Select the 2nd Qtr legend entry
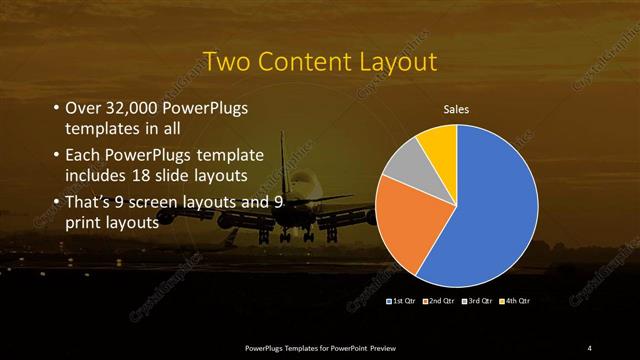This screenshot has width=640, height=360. [x=439, y=300]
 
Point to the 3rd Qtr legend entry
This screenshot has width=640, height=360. [x=478, y=300]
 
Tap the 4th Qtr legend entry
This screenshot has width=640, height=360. [x=517, y=300]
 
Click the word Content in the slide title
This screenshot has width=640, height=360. [x=302, y=63]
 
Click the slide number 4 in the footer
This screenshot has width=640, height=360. [x=590, y=347]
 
